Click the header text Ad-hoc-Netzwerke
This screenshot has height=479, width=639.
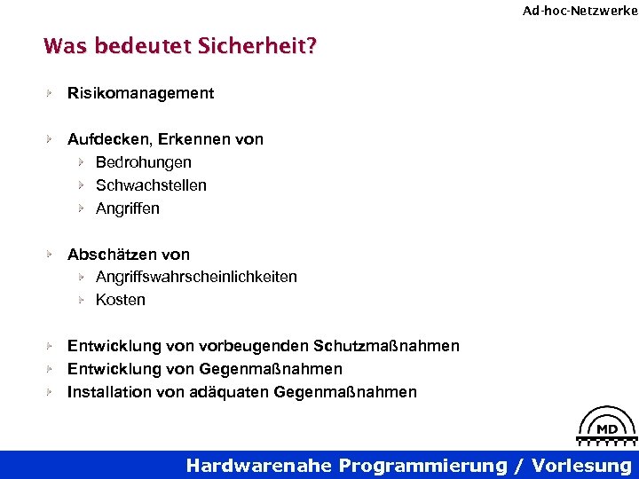point(580,11)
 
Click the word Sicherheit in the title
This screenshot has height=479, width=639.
point(264,45)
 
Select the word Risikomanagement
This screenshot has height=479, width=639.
point(140,93)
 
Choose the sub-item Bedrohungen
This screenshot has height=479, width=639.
point(143,162)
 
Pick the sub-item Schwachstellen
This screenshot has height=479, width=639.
point(151,185)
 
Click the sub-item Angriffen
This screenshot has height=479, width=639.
point(128,208)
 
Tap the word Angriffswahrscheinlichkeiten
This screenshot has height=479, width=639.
point(196,277)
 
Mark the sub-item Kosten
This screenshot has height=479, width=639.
point(121,300)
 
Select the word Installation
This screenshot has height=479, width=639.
point(109,392)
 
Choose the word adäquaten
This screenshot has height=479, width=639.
point(230,392)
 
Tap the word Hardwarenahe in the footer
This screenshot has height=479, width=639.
point(260,466)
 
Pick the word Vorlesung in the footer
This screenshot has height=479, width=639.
point(581,466)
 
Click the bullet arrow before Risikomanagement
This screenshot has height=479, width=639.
point(51,93)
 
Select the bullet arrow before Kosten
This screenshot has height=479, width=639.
point(79,300)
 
